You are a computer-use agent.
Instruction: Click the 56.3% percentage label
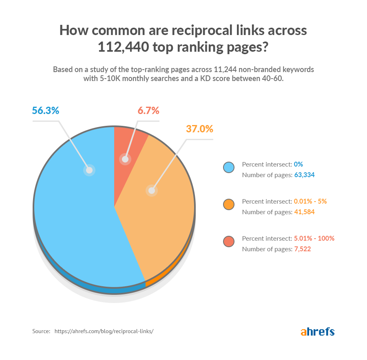(46, 111)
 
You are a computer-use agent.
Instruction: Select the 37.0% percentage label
(199, 129)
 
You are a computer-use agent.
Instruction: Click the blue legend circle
(229, 168)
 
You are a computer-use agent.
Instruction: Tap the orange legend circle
(229, 205)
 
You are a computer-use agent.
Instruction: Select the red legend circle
(229, 242)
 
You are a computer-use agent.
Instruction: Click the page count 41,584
(305, 212)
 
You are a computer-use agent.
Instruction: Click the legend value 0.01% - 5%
(310, 201)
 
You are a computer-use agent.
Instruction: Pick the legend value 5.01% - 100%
(314, 238)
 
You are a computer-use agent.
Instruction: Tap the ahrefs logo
(318, 331)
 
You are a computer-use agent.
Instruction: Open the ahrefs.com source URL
(104, 331)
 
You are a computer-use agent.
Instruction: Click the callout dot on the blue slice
(89, 170)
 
